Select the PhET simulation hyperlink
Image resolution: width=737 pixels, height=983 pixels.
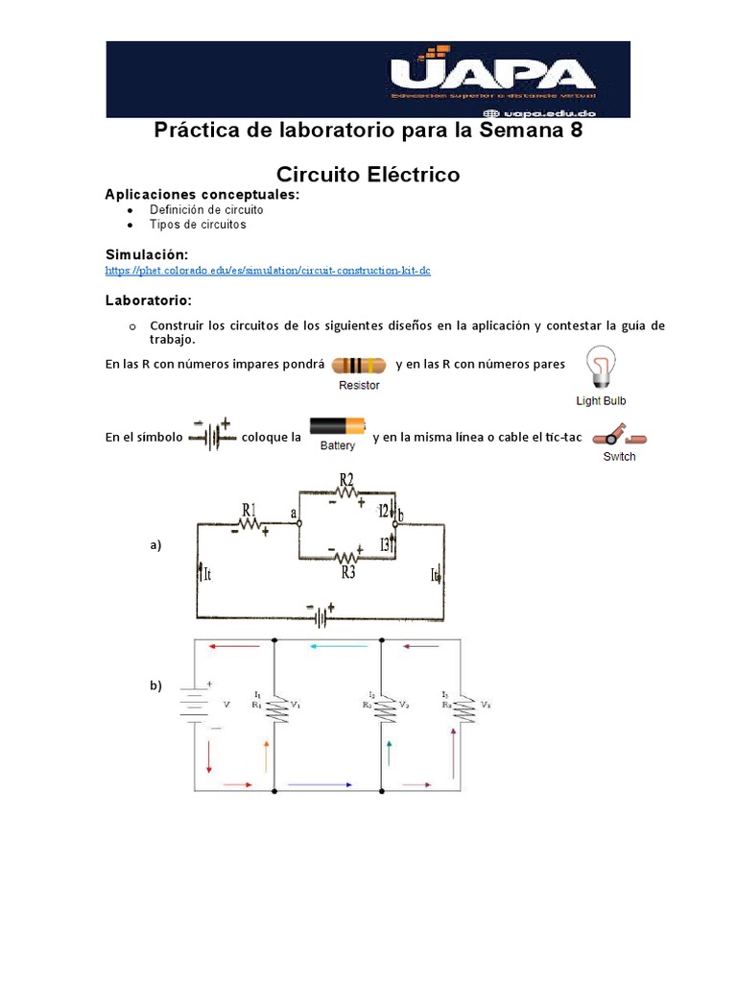pyautogui.click(x=268, y=271)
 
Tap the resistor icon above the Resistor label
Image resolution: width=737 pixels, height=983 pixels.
pyautogui.click(x=359, y=366)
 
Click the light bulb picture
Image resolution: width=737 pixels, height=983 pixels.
pyautogui.click(x=601, y=370)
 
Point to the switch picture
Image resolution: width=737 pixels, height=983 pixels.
pyautogui.click(x=619, y=437)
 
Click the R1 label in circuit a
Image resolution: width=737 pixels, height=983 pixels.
pyautogui.click(x=250, y=509)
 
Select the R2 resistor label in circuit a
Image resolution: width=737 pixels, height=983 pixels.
pyautogui.click(x=346, y=481)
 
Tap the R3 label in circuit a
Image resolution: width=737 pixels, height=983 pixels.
pyautogui.click(x=348, y=573)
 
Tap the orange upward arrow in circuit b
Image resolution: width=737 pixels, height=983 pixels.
pyautogui.click(x=266, y=755)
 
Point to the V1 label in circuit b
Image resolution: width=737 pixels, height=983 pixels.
pyautogui.click(x=297, y=705)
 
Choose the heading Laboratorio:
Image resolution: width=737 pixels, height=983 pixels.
pyautogui.click(x=148, y=300)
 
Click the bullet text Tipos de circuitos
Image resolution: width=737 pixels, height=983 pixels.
pyautogui.click(x=198, y=225)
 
